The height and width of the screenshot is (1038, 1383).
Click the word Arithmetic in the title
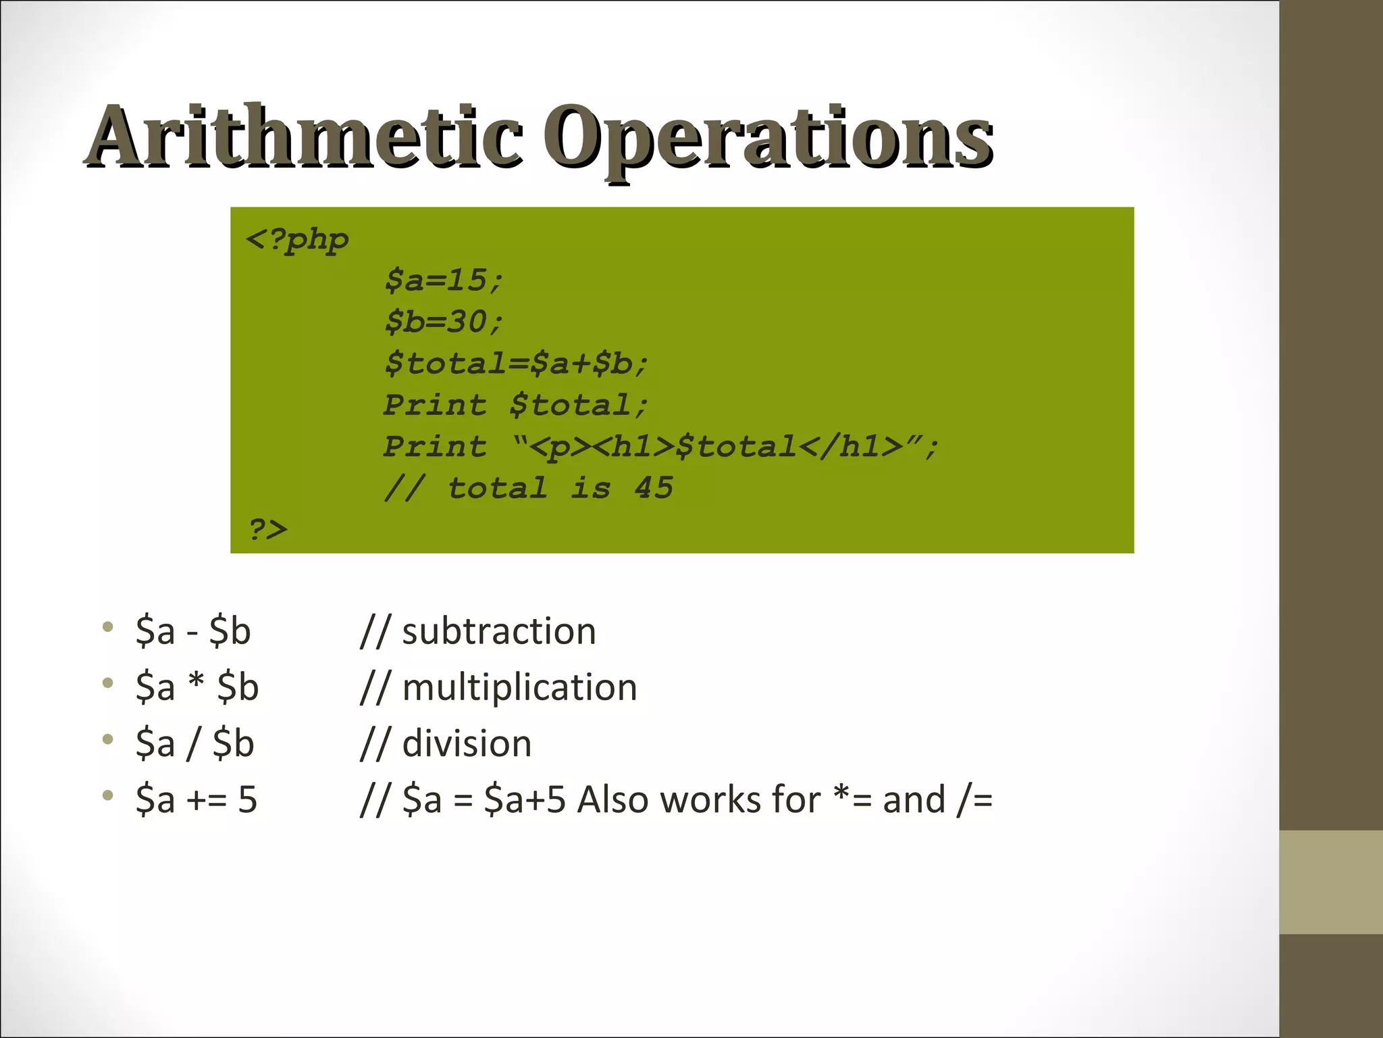304,137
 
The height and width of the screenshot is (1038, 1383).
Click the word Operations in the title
768,138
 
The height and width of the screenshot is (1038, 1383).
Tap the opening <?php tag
297,240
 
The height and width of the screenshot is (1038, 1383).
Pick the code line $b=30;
444,322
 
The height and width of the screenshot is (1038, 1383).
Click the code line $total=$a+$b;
516,364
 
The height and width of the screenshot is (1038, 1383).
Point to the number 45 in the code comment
654,488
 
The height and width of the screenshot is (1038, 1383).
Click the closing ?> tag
268,529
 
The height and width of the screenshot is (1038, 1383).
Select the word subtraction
498,631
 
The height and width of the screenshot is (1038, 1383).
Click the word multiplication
519,687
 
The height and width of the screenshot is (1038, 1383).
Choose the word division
467,743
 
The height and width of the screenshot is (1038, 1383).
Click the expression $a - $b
193,631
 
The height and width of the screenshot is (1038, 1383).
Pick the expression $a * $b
197,687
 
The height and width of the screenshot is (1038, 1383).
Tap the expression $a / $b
194,743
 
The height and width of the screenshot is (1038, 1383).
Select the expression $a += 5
197,799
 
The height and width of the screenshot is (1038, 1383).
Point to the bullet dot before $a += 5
108,795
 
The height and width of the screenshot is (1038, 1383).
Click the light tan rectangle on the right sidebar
1331,882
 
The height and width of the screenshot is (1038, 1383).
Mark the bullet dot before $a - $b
108,627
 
